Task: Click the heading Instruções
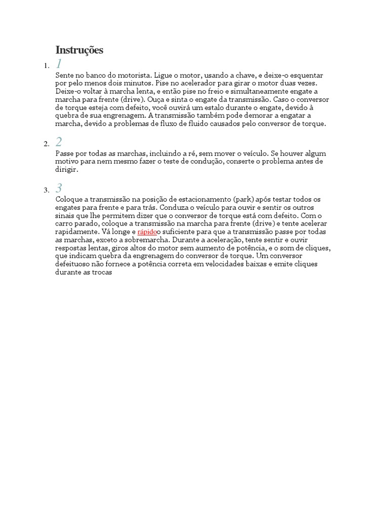tap(79, 50)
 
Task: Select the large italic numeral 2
tap(59, 142)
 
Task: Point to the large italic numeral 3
tap(59, 188)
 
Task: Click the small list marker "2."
tap(47, 144)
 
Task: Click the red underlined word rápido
tap(147, 232)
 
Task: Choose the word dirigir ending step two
tap(66, 170)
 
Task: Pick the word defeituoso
tap(74, 264)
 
